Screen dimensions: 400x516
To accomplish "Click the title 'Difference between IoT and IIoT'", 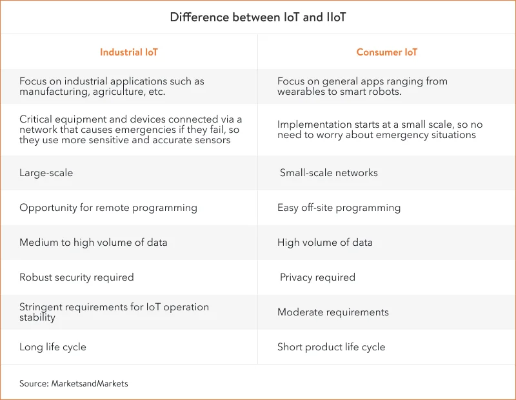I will click(x=258, y=17).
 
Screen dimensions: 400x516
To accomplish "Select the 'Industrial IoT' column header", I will click(x=128, y=52).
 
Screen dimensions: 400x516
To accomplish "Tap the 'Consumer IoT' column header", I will click(x=387, y=52).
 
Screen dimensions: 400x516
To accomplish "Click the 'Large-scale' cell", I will click(x=46, y=173).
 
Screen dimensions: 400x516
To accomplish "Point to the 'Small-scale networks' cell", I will click(x=329, y=173).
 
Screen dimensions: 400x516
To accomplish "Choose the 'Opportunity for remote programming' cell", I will click(x=108, y=208).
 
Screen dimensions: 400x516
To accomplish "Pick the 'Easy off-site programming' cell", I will click(x=339, y=208).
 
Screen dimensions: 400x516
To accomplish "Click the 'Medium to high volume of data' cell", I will click(x=94, y=243).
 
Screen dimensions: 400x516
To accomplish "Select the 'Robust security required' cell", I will click(x=77, y=277).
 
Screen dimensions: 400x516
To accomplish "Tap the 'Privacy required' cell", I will click(x=317, y=277).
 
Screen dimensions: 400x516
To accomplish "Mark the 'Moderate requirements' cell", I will click(x=333, y=312).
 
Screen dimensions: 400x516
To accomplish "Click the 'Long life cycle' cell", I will click(x=53, y=347).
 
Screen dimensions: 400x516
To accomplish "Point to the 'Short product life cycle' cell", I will click(x=332, y=347).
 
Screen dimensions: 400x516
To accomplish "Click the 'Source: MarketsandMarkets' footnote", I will click(x=74, y=383).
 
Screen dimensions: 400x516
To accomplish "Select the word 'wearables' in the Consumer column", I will click(x=301, y=92).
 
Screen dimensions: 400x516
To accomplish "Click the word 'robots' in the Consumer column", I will click(x=384, y=92).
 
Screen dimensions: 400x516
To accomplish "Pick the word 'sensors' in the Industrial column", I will click(x=211, y=140).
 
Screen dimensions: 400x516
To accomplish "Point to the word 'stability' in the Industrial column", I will click(x=37, y=317).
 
